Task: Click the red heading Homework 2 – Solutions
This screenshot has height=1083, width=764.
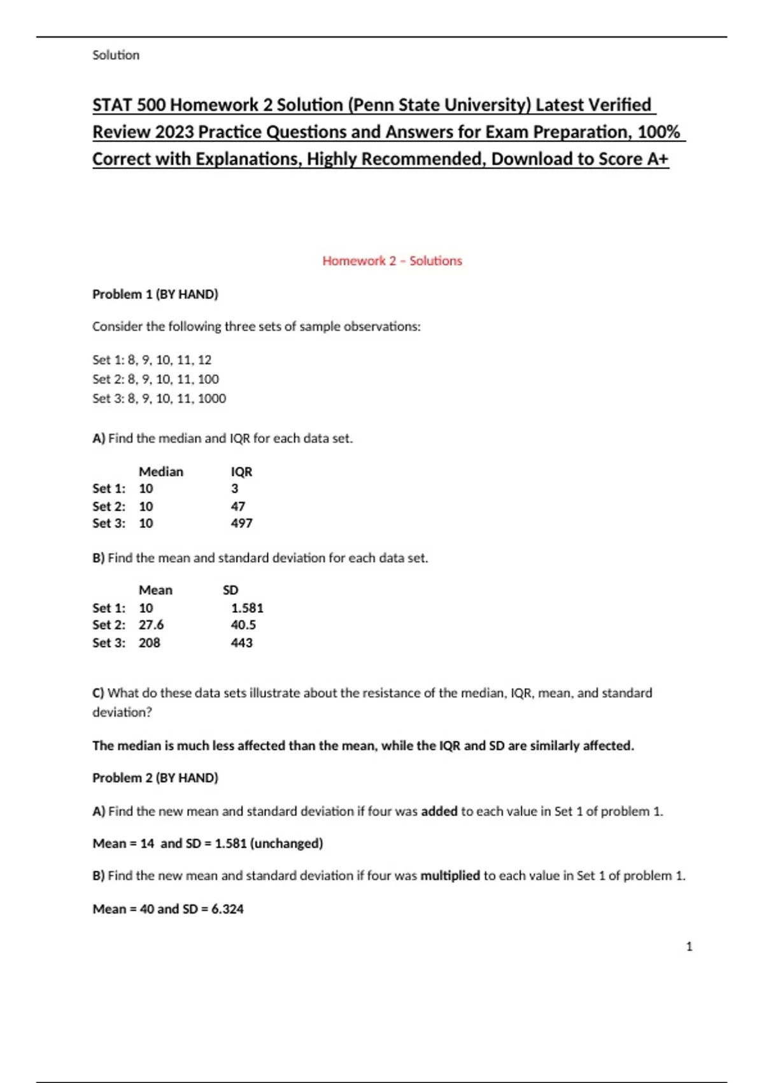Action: point(392,261)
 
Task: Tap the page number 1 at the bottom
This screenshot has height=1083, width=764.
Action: point(689,947)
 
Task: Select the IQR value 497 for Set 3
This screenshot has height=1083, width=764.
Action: point(241,523)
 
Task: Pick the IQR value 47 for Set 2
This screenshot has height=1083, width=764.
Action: point(237,506)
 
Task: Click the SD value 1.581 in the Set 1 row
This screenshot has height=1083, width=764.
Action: point(247,608)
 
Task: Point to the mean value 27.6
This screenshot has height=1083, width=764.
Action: point(151,625)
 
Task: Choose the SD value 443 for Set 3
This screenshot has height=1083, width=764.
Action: point(241,643)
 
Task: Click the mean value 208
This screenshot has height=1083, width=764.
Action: point(149,643)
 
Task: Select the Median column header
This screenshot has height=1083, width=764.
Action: point(160,471)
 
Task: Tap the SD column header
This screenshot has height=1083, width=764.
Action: point(230,590)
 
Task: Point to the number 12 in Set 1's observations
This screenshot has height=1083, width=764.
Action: point(204,360)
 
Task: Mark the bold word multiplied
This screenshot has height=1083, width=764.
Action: point(450,875)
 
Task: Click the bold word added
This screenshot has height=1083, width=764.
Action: point(439,811)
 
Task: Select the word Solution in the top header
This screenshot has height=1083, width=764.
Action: point(116,55)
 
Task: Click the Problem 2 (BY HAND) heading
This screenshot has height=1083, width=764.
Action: point(155,778)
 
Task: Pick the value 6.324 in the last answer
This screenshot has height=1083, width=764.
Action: point(227,909)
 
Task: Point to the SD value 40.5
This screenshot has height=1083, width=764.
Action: point(243,625)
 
